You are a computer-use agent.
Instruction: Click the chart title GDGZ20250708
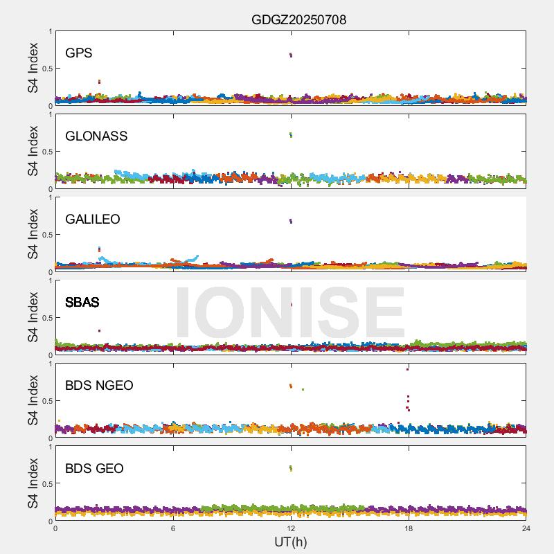pyautogui.click(x=298, y=19)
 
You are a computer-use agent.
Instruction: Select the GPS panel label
pyautogui.click(x=78, y=53)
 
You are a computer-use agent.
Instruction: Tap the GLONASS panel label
pyautogui.click(x=96, y=136)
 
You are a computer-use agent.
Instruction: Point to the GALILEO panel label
pyautogui.click(x=93, y=220)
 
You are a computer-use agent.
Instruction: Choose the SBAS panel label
pyautogui.click(x=82, y=303)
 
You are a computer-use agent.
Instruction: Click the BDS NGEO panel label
pyautogui.click(x=99, y=386)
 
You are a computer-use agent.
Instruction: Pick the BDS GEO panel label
pyautogui.click(x=94, y=469)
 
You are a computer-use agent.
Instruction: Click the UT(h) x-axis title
pyautogui.click(x=290, y=542)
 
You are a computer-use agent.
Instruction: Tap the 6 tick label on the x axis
pyautogui.click(x=173, y=529)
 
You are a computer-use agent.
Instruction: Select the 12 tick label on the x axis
pyautogui.click(x=291, y=529)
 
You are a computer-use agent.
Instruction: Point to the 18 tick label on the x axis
pyautogui.click(x=409, y=529)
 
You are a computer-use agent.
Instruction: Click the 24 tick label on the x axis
pyautogui.click(x=526, y=529)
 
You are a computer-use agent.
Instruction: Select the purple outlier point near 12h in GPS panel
pyautogui.click(x=291, y=55)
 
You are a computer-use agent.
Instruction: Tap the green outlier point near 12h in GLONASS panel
pyautogui.click(x=291, y=135)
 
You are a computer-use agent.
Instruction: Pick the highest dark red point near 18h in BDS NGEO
pyautogui.click(x=408, y=369)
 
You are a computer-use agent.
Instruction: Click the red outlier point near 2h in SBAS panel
pyautogui.click(x=100, y=331)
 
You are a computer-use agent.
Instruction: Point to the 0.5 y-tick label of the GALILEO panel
pyautogui.click(x=46, y=235)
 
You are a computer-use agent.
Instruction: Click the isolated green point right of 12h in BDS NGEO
pyautogui.click(x=303, y=389)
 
